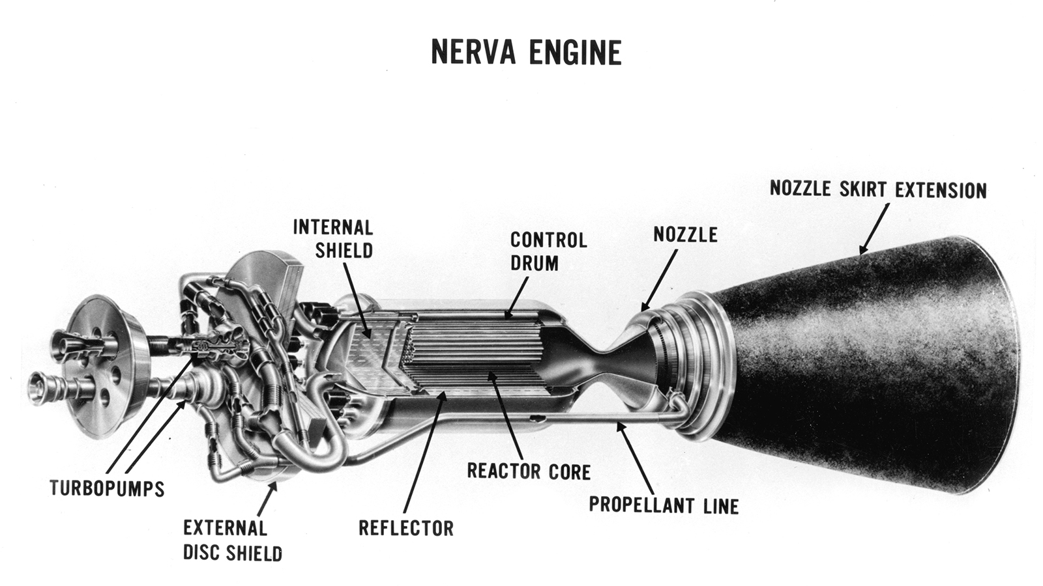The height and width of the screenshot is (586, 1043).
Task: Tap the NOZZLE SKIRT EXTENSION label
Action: coord(877,189)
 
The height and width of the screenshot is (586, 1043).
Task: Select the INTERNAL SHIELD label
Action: coord(333,239)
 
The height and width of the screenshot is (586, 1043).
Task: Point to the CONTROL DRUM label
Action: coord(548,251)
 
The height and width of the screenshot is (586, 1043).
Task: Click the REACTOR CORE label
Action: coord(529,471)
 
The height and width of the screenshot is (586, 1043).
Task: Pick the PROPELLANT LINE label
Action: coord(664,505)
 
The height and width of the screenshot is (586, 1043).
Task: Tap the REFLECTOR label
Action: coord(405,527)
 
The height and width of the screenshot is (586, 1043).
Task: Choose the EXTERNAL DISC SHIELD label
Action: coord(232,540)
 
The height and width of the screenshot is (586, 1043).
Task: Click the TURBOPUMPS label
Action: coord(107,488)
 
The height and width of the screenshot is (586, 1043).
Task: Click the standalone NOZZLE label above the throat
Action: coord(685,234)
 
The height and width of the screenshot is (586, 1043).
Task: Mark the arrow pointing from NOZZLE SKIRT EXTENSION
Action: coord(874,227)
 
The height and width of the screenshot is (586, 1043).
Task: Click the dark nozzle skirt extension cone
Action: coord(867,365)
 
